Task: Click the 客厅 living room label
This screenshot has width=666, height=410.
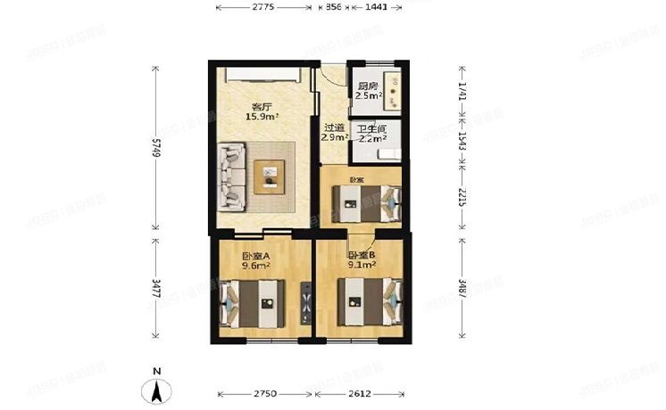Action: tap(261, 103)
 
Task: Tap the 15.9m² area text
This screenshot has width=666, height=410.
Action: tap(262, 115)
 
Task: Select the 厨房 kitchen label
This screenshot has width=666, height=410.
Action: tap(368, 86)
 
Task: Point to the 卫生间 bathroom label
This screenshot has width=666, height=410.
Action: tap(370, 128)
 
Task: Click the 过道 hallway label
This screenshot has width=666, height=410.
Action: tap(333, 127)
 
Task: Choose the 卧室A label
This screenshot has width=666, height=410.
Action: tap(254, 254)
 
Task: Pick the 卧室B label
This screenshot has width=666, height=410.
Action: tap(361, 254)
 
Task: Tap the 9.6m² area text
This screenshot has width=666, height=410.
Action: tap(255, 265)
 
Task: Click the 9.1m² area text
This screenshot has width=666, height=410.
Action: tap(361, 265)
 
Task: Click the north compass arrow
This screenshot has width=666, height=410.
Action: tap(156, 389)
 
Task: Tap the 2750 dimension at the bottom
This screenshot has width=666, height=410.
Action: tap(266, 393)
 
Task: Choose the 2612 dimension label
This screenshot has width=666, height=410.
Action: tap(359, 393)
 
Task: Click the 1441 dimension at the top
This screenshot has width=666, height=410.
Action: tap(375, 7)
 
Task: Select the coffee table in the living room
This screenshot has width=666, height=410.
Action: tap(269, 176)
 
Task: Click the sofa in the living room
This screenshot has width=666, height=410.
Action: tap(231, 175)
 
